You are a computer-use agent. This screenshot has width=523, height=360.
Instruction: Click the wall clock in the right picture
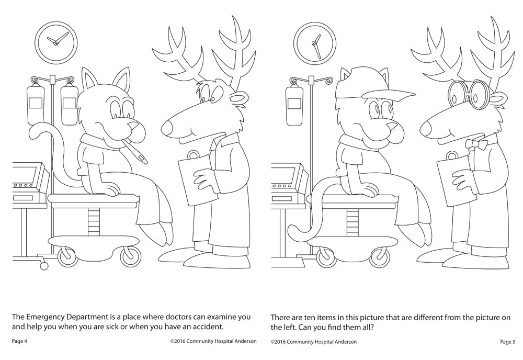(x=314, y=43)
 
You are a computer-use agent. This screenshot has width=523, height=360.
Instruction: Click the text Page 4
(x=19, y=341)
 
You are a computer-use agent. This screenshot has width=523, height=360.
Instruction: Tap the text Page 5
(x=508, y=341)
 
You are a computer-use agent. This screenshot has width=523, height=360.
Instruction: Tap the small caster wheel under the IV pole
(x=43, y=266)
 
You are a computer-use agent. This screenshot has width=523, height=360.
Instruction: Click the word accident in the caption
(x=210, y=327)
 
